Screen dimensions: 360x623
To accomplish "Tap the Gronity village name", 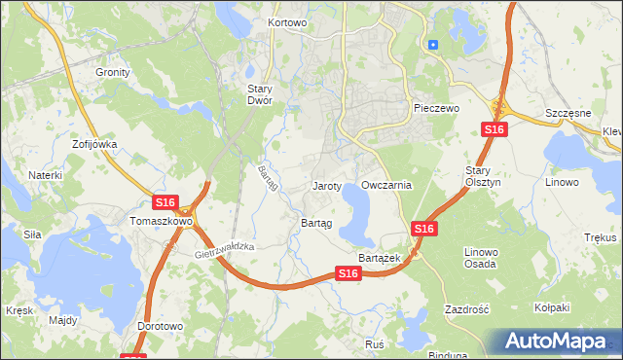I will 112,72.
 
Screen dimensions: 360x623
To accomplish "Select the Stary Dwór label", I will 259,94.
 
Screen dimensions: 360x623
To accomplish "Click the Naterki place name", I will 45,175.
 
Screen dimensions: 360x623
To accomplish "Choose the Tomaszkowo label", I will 162,221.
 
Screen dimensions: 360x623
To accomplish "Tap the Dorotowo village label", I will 161,326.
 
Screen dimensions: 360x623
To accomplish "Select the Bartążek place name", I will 381,257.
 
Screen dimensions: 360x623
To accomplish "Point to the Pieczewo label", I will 435,108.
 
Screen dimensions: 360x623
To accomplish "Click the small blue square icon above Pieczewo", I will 433,44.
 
